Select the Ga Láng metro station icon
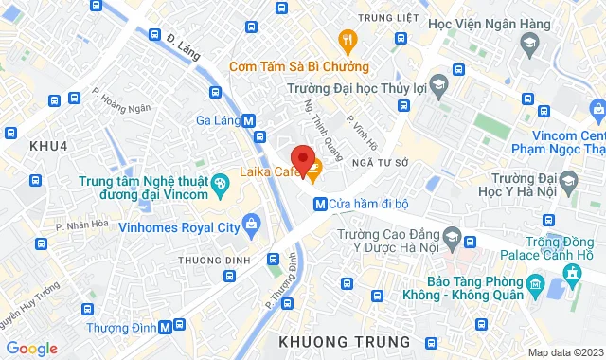[248, 120]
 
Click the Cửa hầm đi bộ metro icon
[320, 202]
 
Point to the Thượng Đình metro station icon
[167, 327]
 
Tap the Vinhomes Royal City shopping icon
[250, 224]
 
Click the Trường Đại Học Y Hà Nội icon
[568, 180]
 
